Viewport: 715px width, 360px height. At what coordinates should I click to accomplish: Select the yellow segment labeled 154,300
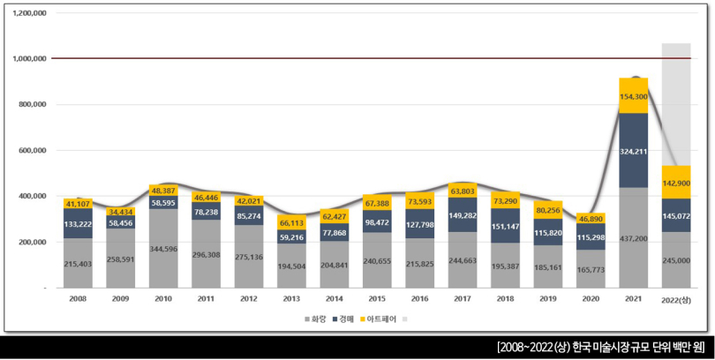tap(634, 96)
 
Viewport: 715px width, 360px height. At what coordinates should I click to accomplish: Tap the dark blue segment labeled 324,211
tap(634, 151)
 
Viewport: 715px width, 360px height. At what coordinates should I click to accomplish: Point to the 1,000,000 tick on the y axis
tap(29, 59)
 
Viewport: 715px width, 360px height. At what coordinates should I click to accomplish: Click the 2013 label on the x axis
tap(291, 300)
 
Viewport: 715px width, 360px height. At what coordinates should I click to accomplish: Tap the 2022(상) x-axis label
tap(676, 301)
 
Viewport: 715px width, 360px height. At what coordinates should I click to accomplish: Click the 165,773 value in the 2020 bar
tap(591, 269)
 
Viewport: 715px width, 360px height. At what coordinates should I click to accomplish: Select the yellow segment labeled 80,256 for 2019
tap(548, 211)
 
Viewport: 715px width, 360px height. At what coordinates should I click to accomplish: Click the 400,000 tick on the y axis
tap(32, 196)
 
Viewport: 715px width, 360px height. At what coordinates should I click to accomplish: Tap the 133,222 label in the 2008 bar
tap(78, 224)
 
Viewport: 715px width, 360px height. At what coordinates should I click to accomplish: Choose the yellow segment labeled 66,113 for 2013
tap(291, 224)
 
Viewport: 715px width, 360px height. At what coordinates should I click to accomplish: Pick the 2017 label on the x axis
tap(463, 300)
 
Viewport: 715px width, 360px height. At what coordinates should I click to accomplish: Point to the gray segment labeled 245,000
tap(676, 260)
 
